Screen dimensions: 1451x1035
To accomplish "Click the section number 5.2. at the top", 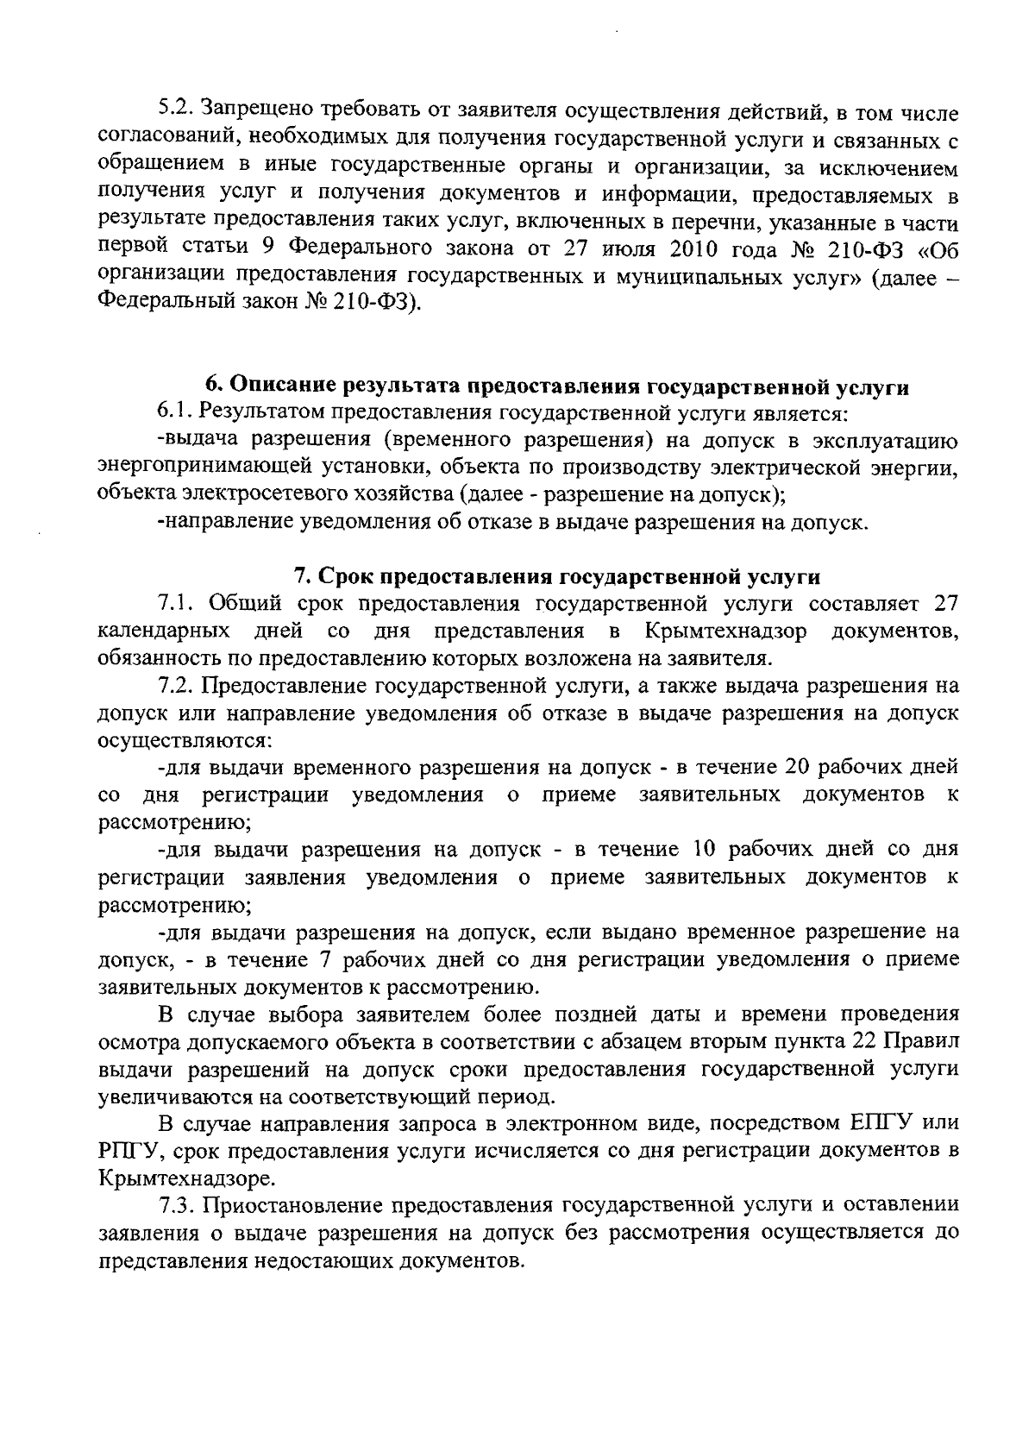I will tap(178, 110).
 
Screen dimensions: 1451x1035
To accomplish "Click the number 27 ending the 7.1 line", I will tap(943, 603).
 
